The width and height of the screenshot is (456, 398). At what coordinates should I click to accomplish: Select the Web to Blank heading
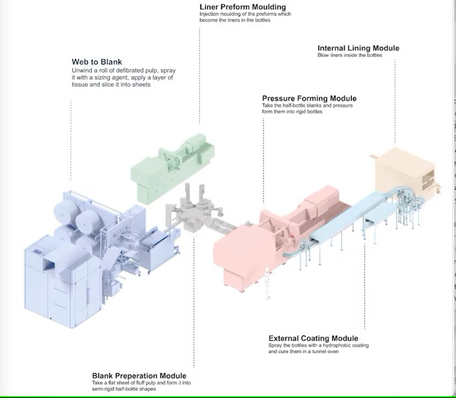click(97, 62)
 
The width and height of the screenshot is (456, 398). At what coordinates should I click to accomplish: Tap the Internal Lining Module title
click(358, 48)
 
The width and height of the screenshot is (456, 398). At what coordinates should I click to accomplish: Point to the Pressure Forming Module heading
click(309, 99)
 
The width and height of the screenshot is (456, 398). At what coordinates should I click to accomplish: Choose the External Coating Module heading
click(313, 338)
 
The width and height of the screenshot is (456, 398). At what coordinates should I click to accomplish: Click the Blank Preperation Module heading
click(139, 376)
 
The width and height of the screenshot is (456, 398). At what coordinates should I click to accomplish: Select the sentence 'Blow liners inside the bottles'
click(350, 55)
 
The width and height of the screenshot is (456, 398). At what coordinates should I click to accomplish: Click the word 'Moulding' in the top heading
click(268, 7)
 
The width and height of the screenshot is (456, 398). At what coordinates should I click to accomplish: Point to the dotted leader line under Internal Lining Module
click(395, 98)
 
